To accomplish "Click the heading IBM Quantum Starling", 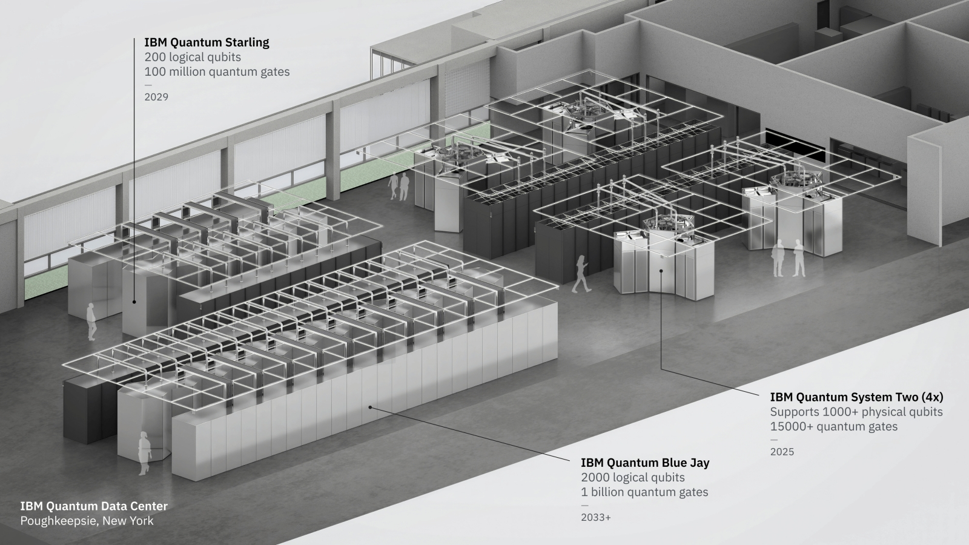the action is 207,42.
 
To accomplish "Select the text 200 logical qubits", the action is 193,57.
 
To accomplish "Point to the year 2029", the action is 156,97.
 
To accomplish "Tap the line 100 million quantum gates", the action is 217,72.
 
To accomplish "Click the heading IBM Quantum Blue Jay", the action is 645,463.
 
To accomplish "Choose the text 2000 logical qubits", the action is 633,478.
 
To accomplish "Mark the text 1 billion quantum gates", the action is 644,492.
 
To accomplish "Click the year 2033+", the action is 596,517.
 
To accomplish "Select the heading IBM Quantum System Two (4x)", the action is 856,397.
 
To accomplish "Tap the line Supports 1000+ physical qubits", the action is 856,412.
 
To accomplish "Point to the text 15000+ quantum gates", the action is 833,426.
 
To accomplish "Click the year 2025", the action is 782,452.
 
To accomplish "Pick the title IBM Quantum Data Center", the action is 94,506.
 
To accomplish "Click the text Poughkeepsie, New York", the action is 87,521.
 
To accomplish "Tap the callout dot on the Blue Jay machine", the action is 370,407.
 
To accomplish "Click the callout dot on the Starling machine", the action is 134,302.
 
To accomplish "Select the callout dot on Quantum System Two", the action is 661,271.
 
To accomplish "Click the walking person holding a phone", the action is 581,274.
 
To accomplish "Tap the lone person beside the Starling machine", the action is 91,322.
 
